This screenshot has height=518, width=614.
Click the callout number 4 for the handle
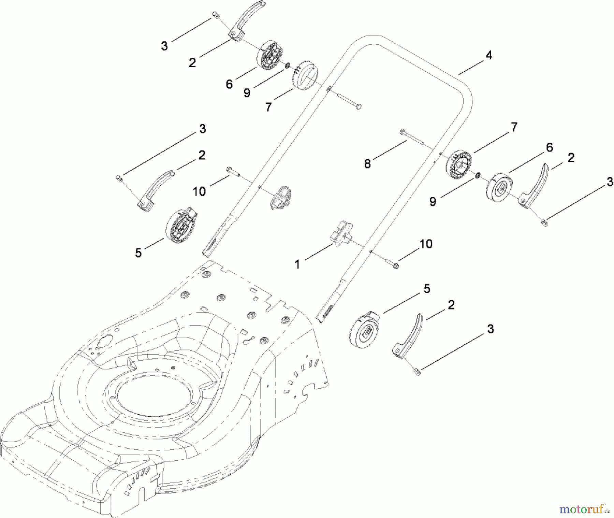[x=489, y=56]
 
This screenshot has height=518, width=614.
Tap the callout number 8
[x=367, y=164]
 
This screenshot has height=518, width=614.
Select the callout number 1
[x=297, y=264]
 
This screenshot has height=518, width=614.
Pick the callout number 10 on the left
[x=199, y=191]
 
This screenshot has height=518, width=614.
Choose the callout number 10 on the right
[x=426, y=244]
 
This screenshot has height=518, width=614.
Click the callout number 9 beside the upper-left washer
[x=247, y=93]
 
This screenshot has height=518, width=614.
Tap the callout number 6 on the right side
[x=549, y=147]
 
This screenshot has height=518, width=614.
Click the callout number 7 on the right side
[x=514, y=127]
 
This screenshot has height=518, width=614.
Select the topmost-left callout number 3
[x=164, y=46]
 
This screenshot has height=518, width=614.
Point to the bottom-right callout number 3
[x=490, y=329]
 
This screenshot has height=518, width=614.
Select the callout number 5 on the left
[x=138, y=253]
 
